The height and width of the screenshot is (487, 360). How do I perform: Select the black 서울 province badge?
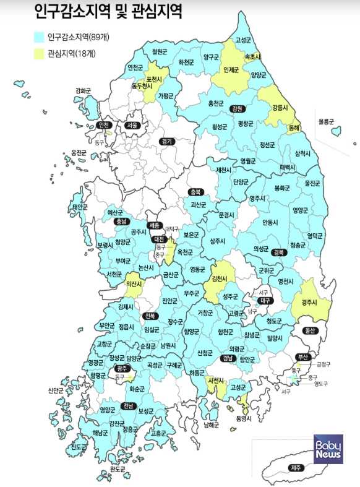point(132,125)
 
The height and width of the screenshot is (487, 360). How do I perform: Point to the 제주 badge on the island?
point(296,468)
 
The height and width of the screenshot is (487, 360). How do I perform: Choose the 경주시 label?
point(307,303)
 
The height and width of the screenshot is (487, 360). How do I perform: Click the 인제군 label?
point(231,70)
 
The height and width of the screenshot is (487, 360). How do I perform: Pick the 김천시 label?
point(222,280)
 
